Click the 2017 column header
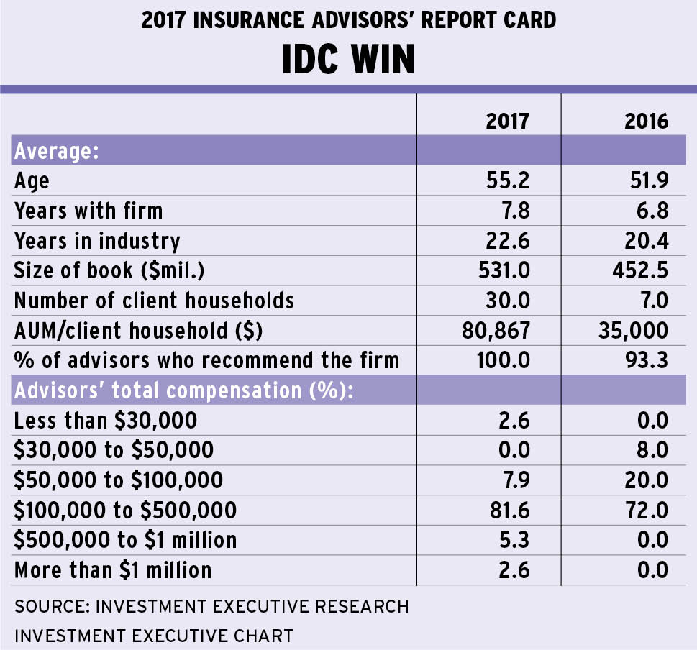click(x=507, y=120)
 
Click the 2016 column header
click(x=646, y=120)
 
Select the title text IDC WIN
click(x=348, y=60)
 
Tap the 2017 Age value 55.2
click(x=507, y=180)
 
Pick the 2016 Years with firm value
click(x=650, y=211)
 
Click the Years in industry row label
click(x=97, y=240)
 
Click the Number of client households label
click(x=154, y=299)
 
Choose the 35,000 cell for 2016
click(x=632, y=329)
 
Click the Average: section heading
click(x=56, y=151)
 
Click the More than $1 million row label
click(x=113, y=570)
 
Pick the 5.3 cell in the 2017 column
click(x=513, y=540)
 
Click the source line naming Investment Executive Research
click(x=211, y=606)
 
